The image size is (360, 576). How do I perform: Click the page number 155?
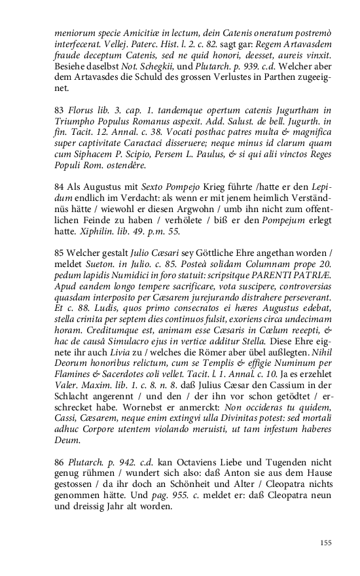coord(326,542)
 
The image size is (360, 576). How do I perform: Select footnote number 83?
coord(59,108)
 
